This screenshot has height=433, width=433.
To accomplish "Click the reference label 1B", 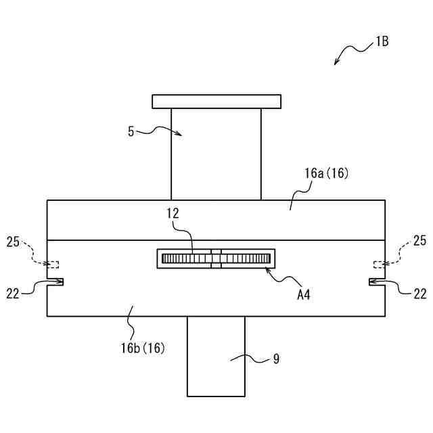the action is point(382,41).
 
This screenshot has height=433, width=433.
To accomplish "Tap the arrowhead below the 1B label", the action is point(336,64).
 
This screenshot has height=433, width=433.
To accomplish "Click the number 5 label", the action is point(131,131).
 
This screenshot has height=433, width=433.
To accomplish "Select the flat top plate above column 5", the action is point(216,101).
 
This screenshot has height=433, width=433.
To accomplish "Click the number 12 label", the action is point(173,213).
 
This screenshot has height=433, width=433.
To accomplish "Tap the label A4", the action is point(303,294).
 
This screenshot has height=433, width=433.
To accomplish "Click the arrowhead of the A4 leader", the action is point(267,270).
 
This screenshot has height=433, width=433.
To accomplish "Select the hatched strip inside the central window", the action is point(216,258).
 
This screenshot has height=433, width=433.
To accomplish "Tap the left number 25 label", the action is point(14,241).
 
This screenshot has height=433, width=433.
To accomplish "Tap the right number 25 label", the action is point(419,241).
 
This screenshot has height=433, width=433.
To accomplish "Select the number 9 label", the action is point(276,359).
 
